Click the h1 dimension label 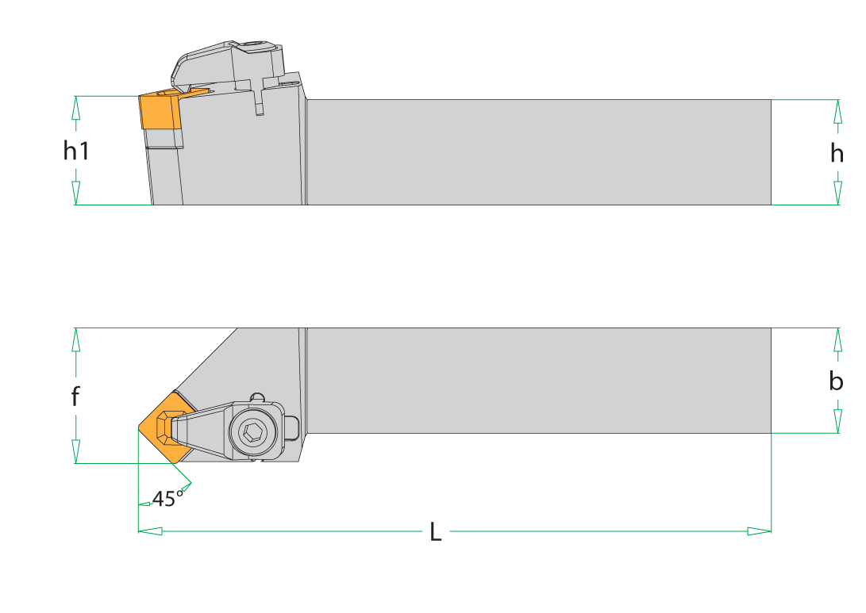click(75, 150)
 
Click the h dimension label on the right click(837, 153)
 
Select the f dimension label click(75, 396)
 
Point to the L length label click(436, 532)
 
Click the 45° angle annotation click(167, 498)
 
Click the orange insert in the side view click(160, 111)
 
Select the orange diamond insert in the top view click(166, 427)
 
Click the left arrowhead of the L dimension click(150, 531)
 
